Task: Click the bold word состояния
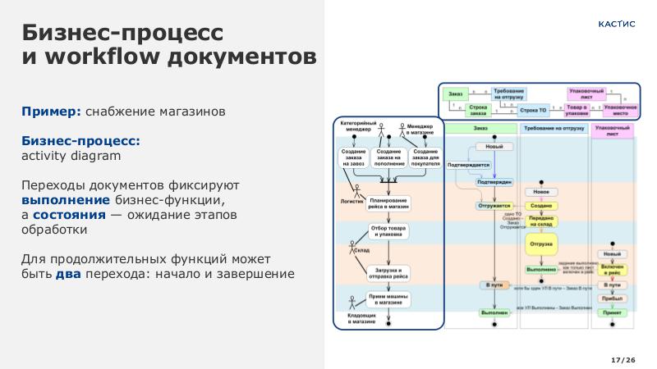(x=69, y=215)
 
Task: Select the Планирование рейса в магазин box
(x=388, y=204)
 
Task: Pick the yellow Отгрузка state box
(x=540, y=244)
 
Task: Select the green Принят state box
(x=611, y=313)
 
